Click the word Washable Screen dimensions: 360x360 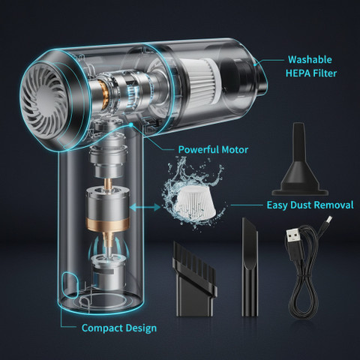click(310, 59)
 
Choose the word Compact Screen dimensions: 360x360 click(102, 328)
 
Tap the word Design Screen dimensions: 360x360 click(141, 328)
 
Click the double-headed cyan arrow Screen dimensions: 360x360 click(145, 207)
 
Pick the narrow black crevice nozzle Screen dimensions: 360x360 click(250, 267)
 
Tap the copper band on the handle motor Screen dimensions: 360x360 click(108, 224)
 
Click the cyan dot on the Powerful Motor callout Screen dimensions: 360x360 click(130, 124)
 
